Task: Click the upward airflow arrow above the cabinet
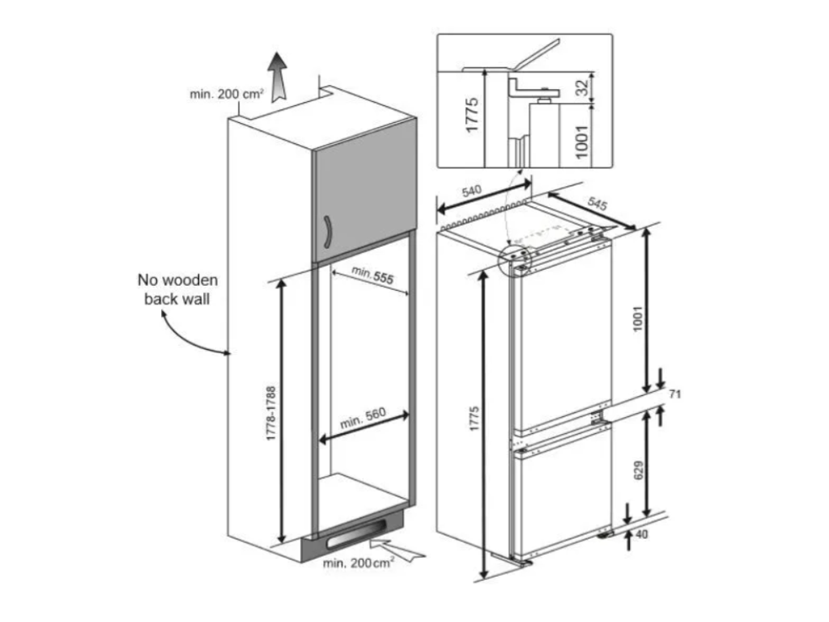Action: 277,77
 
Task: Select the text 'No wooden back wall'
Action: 177,289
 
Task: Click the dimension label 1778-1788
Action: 271,414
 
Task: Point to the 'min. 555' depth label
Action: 372,275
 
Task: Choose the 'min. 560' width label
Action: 363,419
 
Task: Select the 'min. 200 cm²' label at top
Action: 227,94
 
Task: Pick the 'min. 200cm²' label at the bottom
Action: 359,563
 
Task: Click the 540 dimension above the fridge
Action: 472,190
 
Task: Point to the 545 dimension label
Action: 597,203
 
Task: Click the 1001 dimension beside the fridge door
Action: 637,318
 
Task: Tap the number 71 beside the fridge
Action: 675,394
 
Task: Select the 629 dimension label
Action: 639,471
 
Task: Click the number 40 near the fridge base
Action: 642,535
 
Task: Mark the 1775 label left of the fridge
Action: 474,418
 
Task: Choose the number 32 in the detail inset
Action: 581,87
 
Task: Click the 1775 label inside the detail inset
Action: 472,114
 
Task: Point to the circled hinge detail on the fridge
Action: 515,259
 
